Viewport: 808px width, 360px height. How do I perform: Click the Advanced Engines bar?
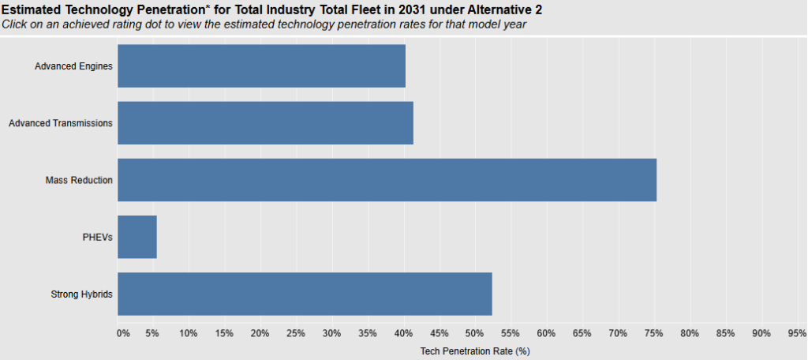tap(261, 66)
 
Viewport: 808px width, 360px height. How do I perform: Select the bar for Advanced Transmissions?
tap(265, 122)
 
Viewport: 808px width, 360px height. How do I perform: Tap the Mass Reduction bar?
tap(387, 180)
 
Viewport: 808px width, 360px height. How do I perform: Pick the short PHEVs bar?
tap(137, 237)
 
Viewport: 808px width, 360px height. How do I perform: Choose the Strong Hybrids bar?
tap(305, 294)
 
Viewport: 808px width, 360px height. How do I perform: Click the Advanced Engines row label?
tap(73, 66)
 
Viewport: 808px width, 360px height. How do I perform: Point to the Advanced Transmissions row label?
tap(60, 123)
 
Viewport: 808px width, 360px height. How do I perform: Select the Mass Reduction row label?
tap(79, 180)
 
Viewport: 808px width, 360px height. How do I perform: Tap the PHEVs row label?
tap(98, 237)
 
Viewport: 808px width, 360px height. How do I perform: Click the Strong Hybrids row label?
tap(81, 294)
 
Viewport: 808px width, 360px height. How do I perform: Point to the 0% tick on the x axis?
tap(123, 333)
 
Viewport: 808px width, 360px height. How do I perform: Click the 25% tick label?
tap(296, 333)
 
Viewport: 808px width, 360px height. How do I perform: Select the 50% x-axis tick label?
tap(475, 333)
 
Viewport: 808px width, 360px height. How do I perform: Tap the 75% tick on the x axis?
tap(653, 333)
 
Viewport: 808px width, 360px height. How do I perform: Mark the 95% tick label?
tap(796, 333)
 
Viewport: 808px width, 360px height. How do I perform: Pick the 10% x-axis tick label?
tap(188, 333)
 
